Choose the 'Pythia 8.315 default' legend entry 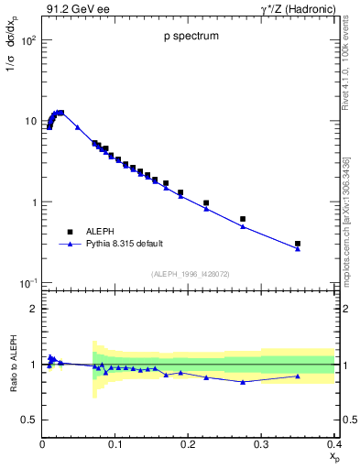click(x=124, y=244)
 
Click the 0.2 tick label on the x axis click(x=189, y=443)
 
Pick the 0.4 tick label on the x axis click(x=334, y=443)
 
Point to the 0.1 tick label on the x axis click(x=115, y=443)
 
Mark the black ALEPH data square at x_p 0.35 click(x=298, y=244)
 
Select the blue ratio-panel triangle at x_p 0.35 click(x=298, y=376)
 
